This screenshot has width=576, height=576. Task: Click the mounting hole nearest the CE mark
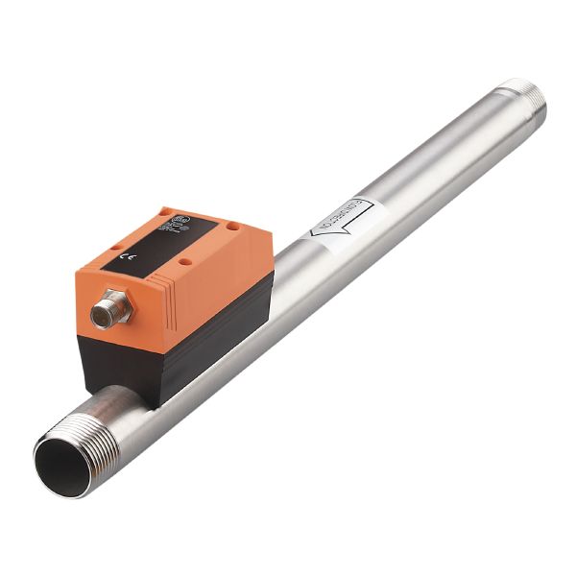click(114, 247)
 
